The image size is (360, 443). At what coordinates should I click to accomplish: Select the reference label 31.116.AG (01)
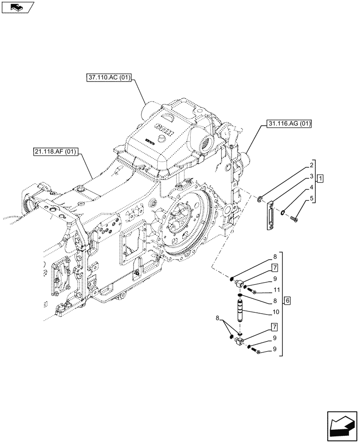click(289, 124)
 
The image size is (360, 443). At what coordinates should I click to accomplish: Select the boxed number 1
click(321, 179)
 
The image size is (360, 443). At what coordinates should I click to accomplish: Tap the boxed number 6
click(288, 301)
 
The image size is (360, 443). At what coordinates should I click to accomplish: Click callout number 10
click(275, 312)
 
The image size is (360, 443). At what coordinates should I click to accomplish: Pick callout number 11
click(275, 290)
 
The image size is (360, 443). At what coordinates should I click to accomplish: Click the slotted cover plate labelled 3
click(269, 216)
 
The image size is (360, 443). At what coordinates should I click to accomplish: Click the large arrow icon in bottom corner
click(341, 428)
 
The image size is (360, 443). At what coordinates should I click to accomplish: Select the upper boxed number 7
click(275, 268)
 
